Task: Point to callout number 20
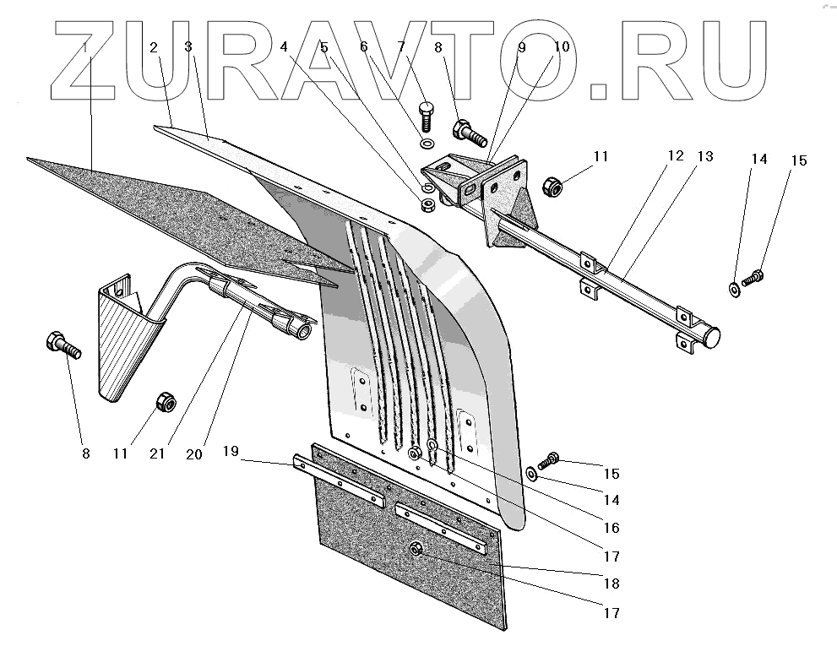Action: pyautogui.click(x=194, y=453)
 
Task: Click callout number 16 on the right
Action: pyautogui.click(x=611, y=528)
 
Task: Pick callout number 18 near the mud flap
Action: pyautogui.click(x=611, y=584)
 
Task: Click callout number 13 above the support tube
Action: pyautogui.click(x=704, y=156)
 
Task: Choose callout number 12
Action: pyautogui.click(x=676, y=156)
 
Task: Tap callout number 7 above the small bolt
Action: pyautogui.click(x=400, y=48)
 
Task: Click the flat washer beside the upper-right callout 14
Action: pyautogui.click(x=733, y=289)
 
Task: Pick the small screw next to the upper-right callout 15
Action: pyautogui.click(x=753, y=276)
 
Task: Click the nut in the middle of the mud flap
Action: pyautogui.click(x=416, y=551)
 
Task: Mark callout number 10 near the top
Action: pyautogui.click(x=562, y=48)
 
